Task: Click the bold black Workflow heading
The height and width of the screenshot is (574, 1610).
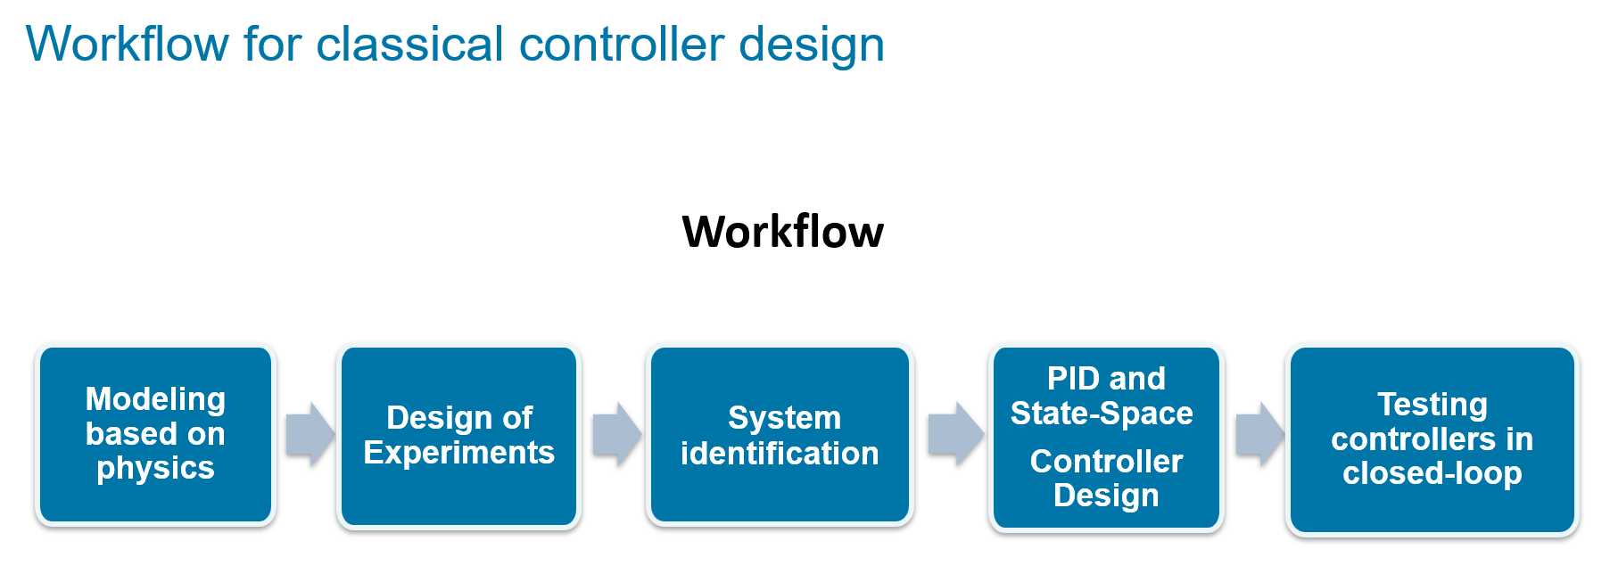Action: click(x=782, y=232)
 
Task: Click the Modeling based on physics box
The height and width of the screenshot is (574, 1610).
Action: click(x=155, y=434)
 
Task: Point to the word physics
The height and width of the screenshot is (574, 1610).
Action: click(x=155, y=468)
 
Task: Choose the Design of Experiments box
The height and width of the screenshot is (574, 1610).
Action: click(x=458, y=435)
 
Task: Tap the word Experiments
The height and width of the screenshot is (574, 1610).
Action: click(x=458, y=453)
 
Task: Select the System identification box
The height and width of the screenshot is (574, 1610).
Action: click(x=780, y=435)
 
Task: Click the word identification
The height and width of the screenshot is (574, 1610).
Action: click(x=780, y=454)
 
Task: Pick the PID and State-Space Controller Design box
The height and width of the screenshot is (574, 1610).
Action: click(x=1105, y=437)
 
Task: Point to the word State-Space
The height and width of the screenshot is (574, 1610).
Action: click(x=1101, y=414)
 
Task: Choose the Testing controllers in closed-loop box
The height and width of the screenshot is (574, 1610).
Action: click(x=1432, y=439)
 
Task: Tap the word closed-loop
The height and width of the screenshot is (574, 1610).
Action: click(x=1432, y=473)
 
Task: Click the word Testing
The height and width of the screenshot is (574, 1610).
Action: click(x=1432, y=405)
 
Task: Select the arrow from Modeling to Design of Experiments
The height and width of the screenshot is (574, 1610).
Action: click(x=310, y=434)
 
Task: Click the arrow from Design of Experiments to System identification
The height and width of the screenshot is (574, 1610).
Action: click(x=616, y=434)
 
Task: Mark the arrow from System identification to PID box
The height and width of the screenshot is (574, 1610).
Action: click(x=955, y=434)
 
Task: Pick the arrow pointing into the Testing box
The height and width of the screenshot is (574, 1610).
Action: click(x=1259, y=434)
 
